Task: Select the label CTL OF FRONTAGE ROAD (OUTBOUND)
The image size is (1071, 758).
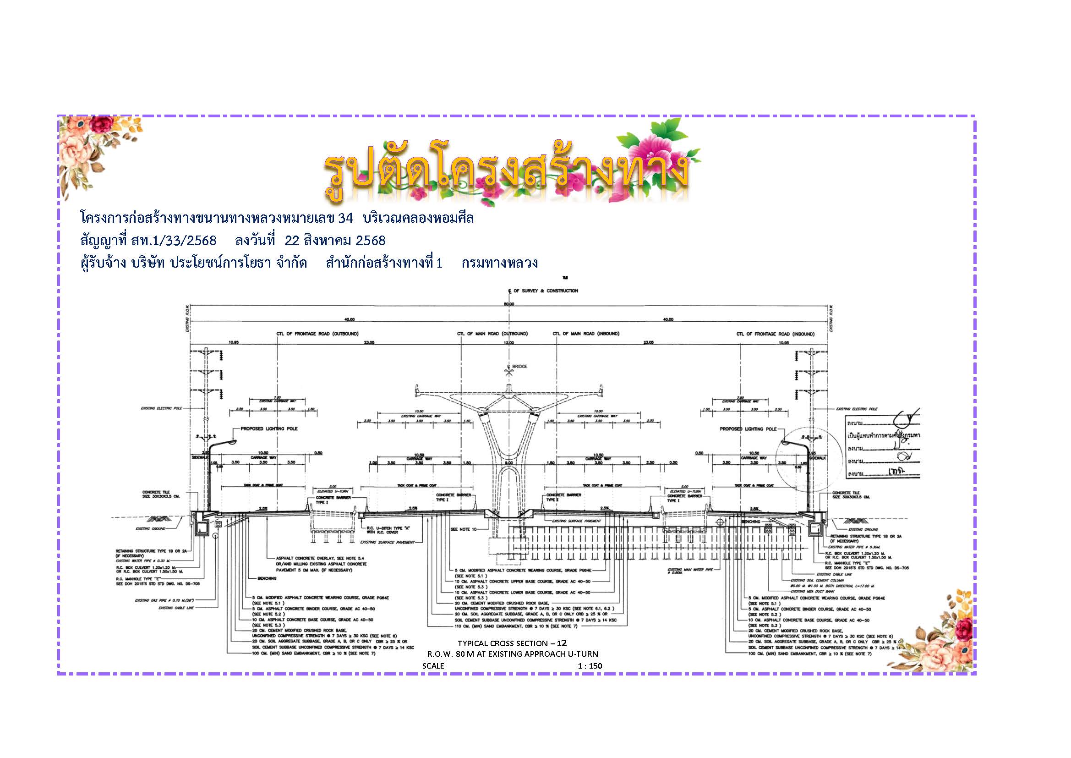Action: (317, 334)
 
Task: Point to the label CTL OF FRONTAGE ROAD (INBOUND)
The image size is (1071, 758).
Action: (775, 334)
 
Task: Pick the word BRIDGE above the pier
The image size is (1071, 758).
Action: (519, 367)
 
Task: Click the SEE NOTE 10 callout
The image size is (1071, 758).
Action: (463, 529)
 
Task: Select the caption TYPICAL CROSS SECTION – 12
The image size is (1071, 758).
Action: (512, 643)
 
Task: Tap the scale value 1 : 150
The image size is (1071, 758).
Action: (590, 666)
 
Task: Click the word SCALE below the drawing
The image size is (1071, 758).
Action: (433, 666)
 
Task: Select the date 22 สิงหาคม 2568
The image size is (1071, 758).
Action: (335, 241)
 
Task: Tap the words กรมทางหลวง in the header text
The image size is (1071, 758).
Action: (500, 263)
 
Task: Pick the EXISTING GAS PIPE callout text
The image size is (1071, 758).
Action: (164, 600)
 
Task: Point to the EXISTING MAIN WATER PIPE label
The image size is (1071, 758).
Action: (690, 571)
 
